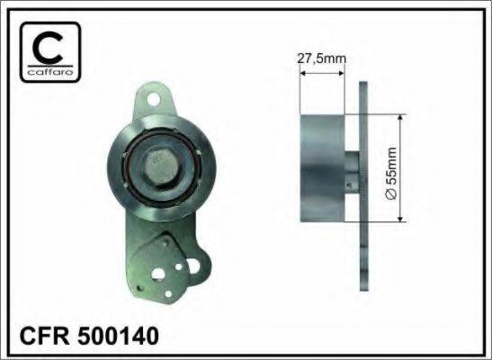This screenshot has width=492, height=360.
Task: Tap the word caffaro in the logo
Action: (50, 73)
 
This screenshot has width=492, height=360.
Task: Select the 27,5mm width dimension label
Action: (322, 58)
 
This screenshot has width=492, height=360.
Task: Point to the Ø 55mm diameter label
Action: (391, 173)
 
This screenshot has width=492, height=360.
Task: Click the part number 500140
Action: (118, 336)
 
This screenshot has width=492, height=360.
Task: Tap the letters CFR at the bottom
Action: (44, 336)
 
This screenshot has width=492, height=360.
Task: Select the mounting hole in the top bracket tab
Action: (153, 100)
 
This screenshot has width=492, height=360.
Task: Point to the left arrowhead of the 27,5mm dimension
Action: (303, 74)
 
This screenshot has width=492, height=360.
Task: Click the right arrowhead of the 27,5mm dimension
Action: (342, 74)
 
